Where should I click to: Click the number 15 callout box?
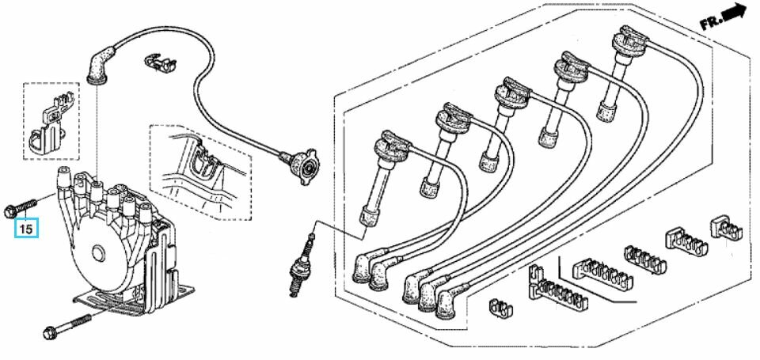coord(26,229)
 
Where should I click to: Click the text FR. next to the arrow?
coord(710,23)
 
